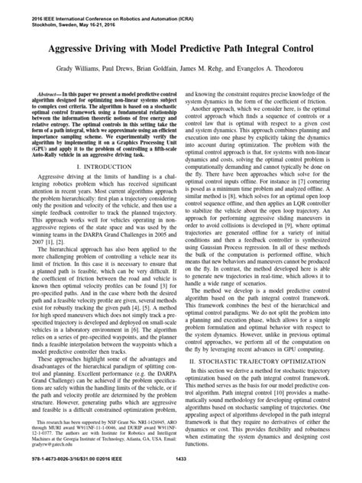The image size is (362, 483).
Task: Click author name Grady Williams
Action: click(78, 70)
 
